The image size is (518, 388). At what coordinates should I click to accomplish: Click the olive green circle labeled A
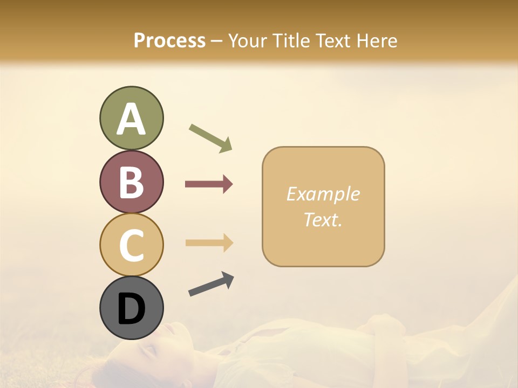pos(131,119)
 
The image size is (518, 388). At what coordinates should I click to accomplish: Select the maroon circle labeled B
pos(131,182)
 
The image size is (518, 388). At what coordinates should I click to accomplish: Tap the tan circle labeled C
pos(131,245)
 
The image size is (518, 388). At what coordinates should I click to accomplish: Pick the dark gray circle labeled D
pos(131,308)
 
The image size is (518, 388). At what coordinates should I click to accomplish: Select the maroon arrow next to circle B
pos(209,184)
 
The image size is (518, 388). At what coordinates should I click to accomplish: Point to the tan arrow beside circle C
pos(209,242)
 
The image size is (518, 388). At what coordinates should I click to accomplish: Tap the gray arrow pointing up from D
pos(211,284)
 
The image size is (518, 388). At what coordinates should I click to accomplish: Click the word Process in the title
pos(169,40)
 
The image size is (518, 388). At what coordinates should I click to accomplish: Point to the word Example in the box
pos(323,194)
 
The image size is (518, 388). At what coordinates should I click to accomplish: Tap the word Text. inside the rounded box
pos(323,219)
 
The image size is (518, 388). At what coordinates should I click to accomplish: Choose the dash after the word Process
pos(216,41)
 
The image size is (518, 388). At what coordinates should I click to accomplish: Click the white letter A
pos(131,119)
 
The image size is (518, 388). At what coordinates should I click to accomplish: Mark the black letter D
pos(131,309)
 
